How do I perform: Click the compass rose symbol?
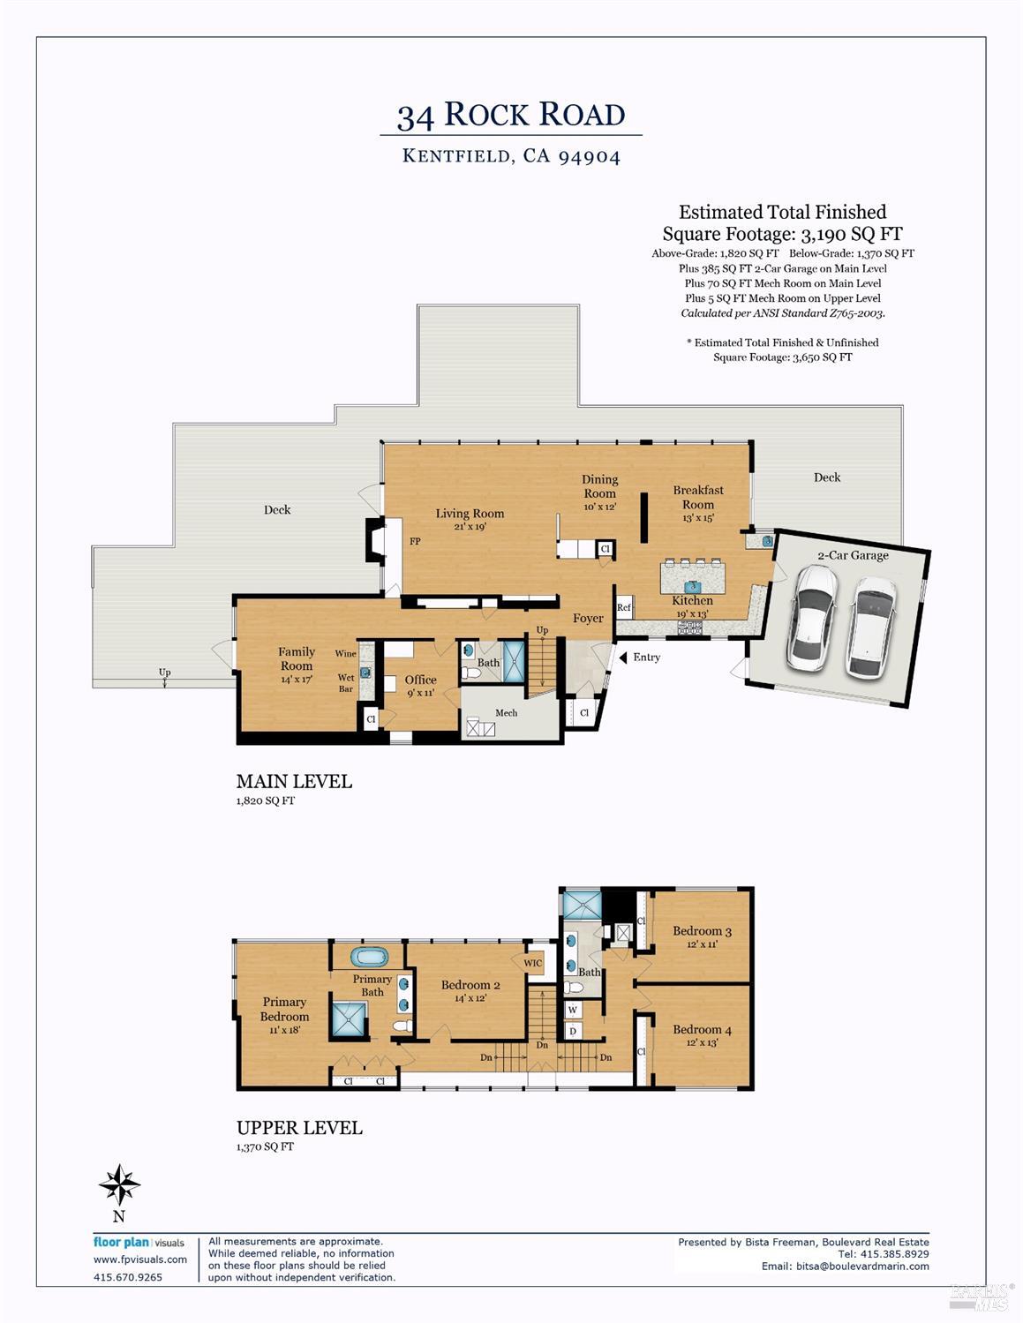119,1184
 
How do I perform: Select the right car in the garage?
871,627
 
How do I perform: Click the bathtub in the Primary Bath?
369,956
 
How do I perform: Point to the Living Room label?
470,514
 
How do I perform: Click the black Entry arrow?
623,658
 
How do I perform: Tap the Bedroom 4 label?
702,1030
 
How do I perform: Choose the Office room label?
420,680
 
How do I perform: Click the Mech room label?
506,712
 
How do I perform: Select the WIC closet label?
533,963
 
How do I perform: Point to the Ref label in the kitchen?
623,607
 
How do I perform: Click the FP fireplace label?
415,541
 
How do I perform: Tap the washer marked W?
572,1010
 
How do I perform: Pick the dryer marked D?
572,1030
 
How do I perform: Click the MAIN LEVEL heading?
294,781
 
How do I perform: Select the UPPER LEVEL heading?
299,1128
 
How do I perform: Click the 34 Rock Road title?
511,115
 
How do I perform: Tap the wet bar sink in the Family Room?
365,673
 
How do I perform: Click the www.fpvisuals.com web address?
140,1259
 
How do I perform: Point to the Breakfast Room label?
698,497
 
